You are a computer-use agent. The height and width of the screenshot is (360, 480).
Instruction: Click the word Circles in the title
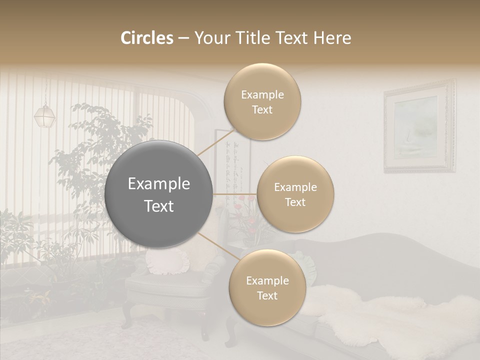(146, 38)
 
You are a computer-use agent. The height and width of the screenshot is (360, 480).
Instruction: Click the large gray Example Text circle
(158, 194)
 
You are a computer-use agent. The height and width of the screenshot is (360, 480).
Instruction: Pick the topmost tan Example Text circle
(262, 101)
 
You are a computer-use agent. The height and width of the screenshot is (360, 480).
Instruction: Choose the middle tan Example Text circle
(295, 194)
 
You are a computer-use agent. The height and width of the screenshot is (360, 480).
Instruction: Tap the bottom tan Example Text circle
(267, 287)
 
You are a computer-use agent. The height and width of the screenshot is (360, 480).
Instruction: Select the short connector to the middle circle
(234, 194)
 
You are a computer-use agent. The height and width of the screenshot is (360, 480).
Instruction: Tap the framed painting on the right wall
(419, 127)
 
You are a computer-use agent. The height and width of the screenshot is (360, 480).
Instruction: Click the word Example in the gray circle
(158, 184)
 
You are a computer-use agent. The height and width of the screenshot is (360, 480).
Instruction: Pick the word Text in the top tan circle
(262, 109)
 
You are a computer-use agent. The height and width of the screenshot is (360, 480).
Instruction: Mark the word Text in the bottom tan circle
(267, 295)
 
